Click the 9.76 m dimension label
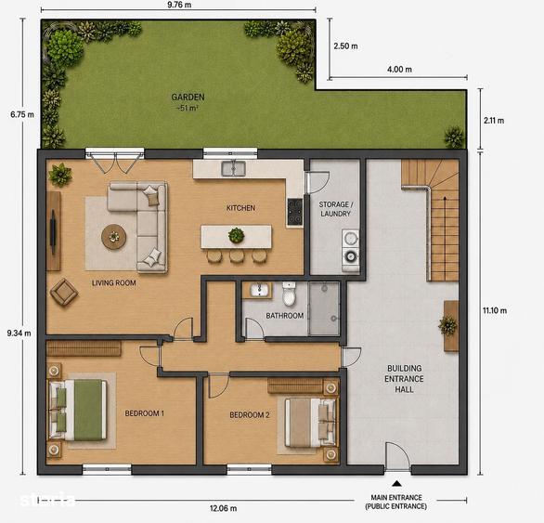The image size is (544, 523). click(179, 5)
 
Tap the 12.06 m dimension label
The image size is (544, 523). click(223, 508)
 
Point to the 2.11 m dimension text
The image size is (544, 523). click(494, 121)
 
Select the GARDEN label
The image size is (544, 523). click(188, 98)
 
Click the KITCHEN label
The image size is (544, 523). click(240, 208)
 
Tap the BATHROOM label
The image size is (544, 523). click(284, 316)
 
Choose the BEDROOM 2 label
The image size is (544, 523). click(250, 415)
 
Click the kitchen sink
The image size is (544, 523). click(234, 168)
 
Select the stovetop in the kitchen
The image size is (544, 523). click(295, 212)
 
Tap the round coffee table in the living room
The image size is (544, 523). click(114, 237)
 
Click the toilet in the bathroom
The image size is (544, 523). click(289, 294)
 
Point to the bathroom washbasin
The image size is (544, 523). click(258, 290)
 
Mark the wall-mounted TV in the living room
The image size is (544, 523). click(53, 231)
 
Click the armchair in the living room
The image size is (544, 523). click(64, 292)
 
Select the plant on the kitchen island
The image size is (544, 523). click(237, 235)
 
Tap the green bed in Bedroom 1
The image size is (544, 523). click(78, 411)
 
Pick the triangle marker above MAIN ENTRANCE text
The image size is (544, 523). click(397, 483)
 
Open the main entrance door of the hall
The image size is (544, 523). click(397, 456)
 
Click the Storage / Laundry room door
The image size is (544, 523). click(317, 182)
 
